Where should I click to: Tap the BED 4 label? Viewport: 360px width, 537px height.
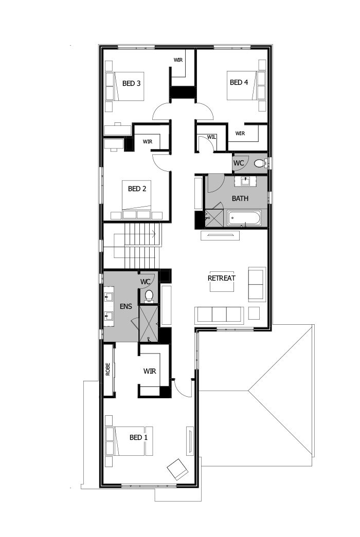tap(239, 82)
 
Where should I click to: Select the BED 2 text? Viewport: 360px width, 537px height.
tap(137, 189)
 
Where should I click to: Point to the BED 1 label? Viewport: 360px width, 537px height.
tap(138, 437)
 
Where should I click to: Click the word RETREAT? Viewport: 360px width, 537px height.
tap(221, 278)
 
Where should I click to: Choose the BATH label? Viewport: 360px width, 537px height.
tap(240, 198)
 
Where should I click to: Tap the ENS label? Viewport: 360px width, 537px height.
tap(126, 306)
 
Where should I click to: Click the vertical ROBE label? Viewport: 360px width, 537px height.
tap(108, 370)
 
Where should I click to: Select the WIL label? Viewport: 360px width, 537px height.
tap(212, 137)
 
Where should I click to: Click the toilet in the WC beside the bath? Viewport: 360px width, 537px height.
tap(260, 163)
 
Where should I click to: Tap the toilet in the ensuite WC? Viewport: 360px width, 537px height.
tap(149, 295)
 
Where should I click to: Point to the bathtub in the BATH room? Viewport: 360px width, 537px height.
tap(244, 218)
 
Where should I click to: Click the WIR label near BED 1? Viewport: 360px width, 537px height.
tap(150, 371)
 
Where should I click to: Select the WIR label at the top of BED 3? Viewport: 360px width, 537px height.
tap(178, 60)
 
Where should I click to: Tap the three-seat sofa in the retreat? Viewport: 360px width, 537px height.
tap(220, 314)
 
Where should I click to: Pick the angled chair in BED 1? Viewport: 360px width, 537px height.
tap(178, 469)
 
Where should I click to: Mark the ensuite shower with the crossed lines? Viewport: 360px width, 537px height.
tap(148, 323)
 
